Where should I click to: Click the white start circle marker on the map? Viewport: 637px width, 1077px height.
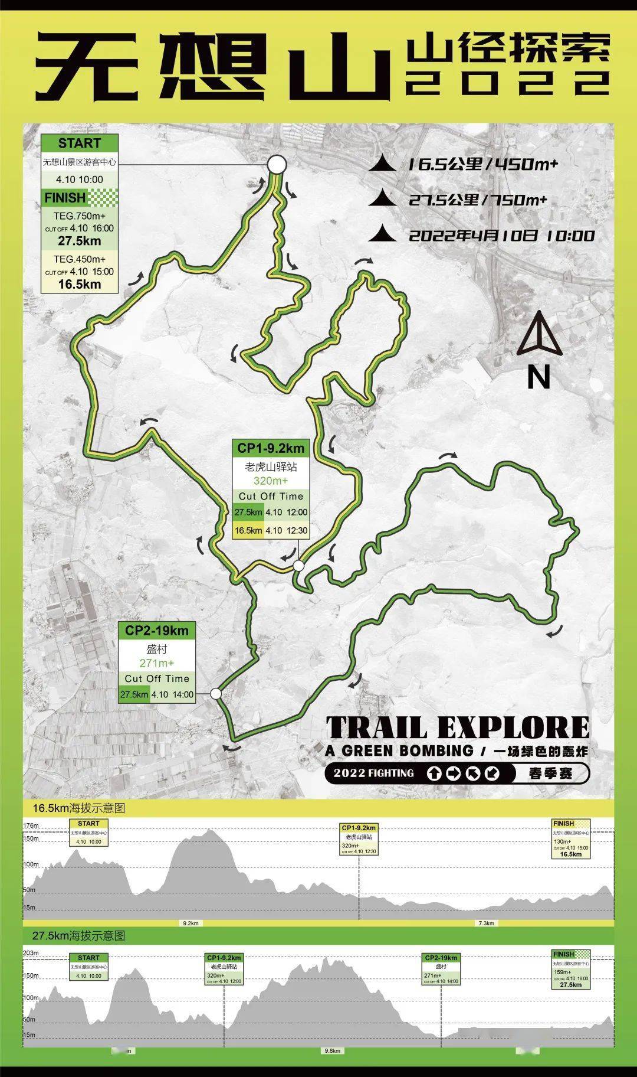[x=277, y=165]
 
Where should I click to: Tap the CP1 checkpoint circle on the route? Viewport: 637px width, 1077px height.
[x=299, y=566]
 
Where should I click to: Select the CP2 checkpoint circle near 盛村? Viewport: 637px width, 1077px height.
[x=216, y=694]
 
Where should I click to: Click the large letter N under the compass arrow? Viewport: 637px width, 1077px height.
[x=538, y=377]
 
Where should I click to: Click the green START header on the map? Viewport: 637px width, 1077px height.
[x=80, y=143]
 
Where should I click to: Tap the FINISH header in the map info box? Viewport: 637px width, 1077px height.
[x=65, y=197]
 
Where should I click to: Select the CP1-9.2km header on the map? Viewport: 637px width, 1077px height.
[x=271, y=448]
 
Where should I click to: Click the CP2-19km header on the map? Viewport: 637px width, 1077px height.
[x=157, y=631]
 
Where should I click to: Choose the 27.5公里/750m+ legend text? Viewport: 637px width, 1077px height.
[x=478, y=200]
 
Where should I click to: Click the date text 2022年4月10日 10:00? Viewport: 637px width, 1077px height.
[x=501, y=236]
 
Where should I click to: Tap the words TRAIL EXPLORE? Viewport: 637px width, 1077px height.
[x=457, y=727]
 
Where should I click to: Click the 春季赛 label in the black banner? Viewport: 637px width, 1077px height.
[x=550, y=773]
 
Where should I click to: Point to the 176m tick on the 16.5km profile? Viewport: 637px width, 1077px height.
[x=31, y=825]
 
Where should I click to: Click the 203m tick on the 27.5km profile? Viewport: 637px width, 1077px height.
[x=31, y=953]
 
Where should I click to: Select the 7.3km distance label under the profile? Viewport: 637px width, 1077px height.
[x=487, y=923]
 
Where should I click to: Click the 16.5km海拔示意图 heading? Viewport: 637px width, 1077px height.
[x=79, y=808]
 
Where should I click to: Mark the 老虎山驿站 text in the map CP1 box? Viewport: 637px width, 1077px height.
[x=271, y=466]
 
